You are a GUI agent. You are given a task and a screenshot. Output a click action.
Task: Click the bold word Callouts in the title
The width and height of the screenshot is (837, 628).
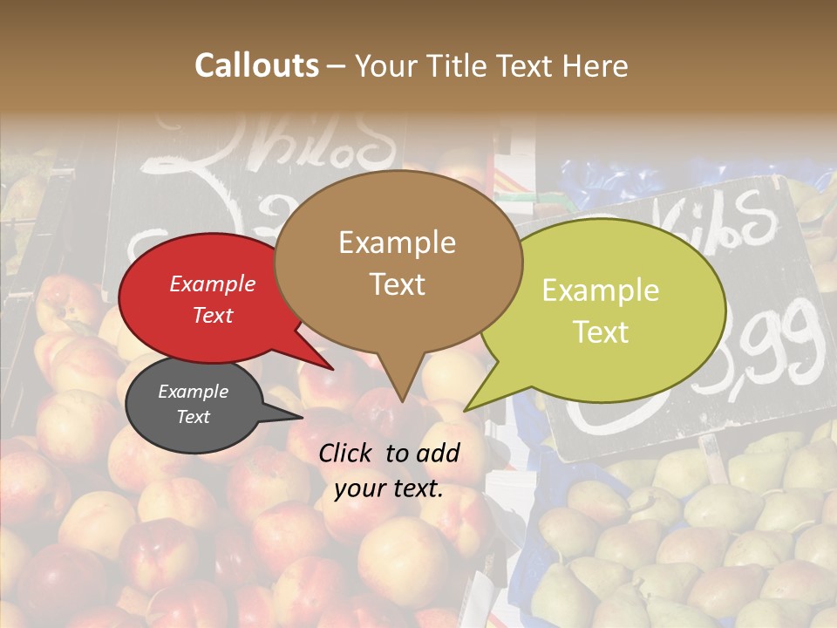click(256, 65)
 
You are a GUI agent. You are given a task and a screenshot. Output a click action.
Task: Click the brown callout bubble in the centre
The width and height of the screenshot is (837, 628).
click(398, 262)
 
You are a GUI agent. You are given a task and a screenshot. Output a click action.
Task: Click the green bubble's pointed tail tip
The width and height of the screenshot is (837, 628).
click(466, 410)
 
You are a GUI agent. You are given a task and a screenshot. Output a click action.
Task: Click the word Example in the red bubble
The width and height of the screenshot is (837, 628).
click(212, 283)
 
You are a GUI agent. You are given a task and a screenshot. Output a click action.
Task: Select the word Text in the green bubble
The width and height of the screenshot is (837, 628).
click(602, 332)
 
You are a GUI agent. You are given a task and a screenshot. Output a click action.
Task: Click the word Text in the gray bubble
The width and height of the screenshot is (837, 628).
click(194, 417)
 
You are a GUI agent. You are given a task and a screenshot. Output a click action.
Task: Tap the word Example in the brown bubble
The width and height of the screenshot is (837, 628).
click(397, 242)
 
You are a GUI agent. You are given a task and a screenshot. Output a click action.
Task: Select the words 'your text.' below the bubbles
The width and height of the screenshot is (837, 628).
click(388, 488)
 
